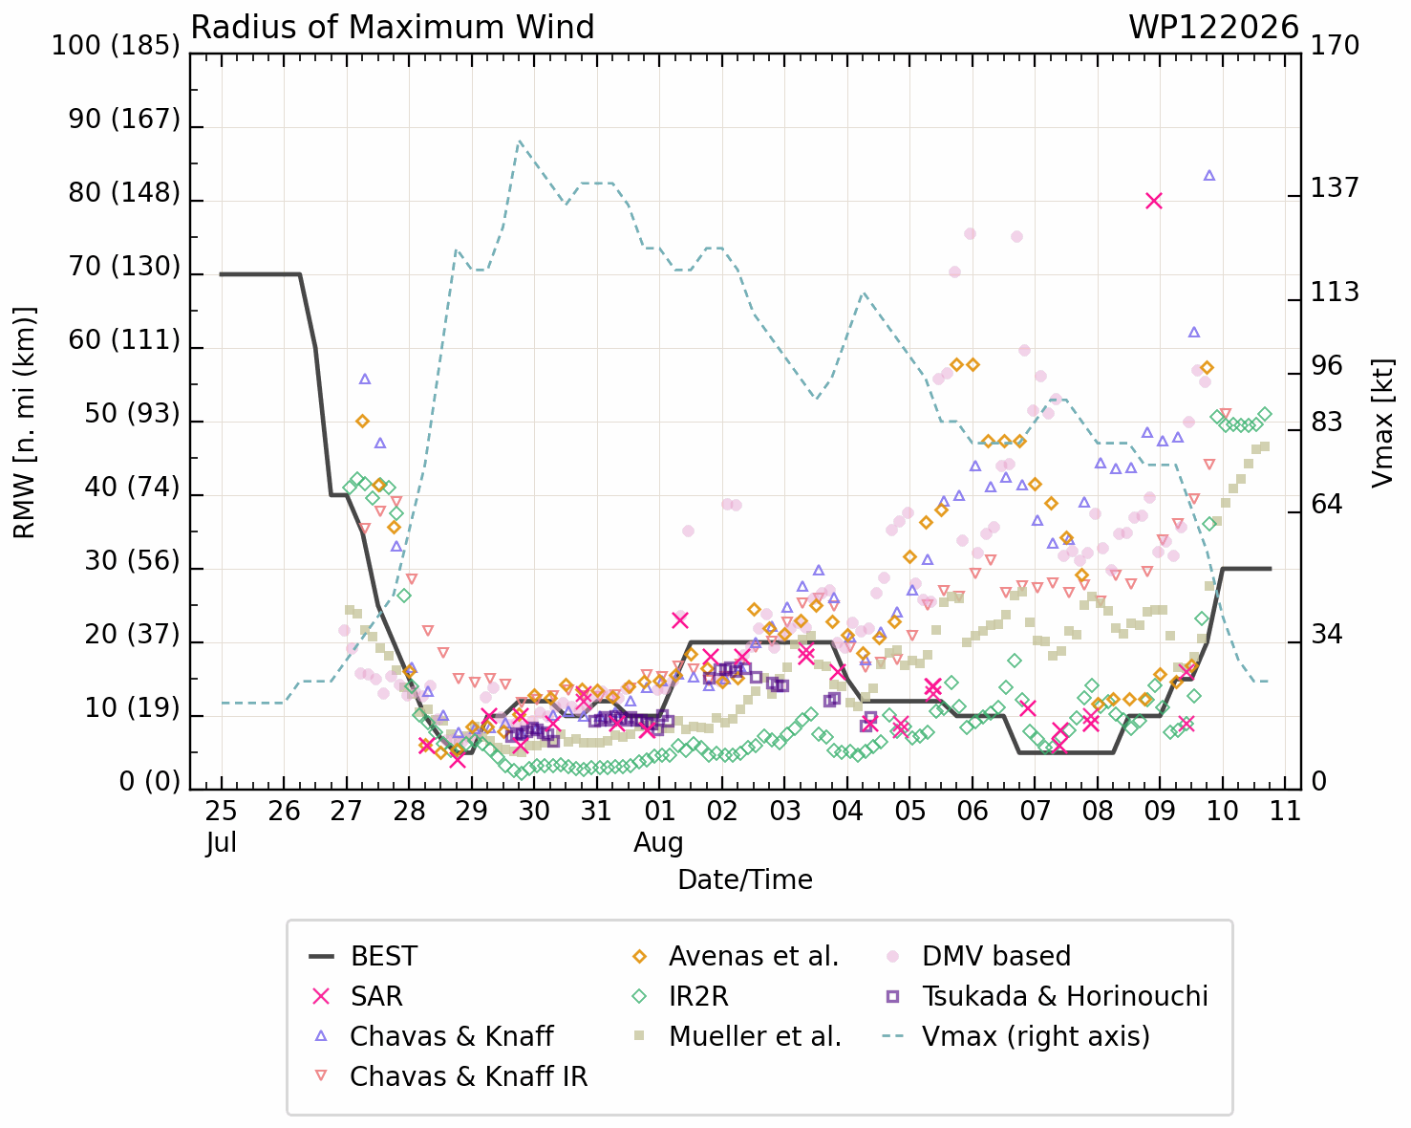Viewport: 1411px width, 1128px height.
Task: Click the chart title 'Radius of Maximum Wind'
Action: coord(392,28)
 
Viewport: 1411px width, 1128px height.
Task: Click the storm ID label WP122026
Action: coord(1213,28)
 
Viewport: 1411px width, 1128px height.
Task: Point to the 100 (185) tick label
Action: coord(116,46)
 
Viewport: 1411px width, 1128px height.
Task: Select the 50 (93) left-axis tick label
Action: coord(132,414)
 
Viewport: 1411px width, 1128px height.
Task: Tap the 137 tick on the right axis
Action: coord(1335,188)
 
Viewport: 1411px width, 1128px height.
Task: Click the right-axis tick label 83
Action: coord(1326,423)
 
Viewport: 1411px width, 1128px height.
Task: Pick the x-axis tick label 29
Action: coord(471,812)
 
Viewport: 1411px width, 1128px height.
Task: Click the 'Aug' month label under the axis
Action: coord(658,843)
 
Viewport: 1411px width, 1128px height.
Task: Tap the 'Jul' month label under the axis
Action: coord(221,842)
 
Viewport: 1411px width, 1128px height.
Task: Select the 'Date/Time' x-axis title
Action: coord(745,880)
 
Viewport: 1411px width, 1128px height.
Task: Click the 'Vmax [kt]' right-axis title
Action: coord(1382,423)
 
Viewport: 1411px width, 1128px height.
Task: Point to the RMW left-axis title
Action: coord(25,423)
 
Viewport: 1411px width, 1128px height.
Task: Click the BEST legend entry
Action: coord(363,956)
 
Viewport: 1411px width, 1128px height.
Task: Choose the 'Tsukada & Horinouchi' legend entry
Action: coord(1046,996)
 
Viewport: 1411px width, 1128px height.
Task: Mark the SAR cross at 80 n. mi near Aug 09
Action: coord(1154,201)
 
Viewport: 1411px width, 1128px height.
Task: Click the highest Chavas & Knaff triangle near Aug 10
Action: coord(1209,175)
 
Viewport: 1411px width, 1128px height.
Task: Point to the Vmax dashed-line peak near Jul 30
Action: coord(519,141)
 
